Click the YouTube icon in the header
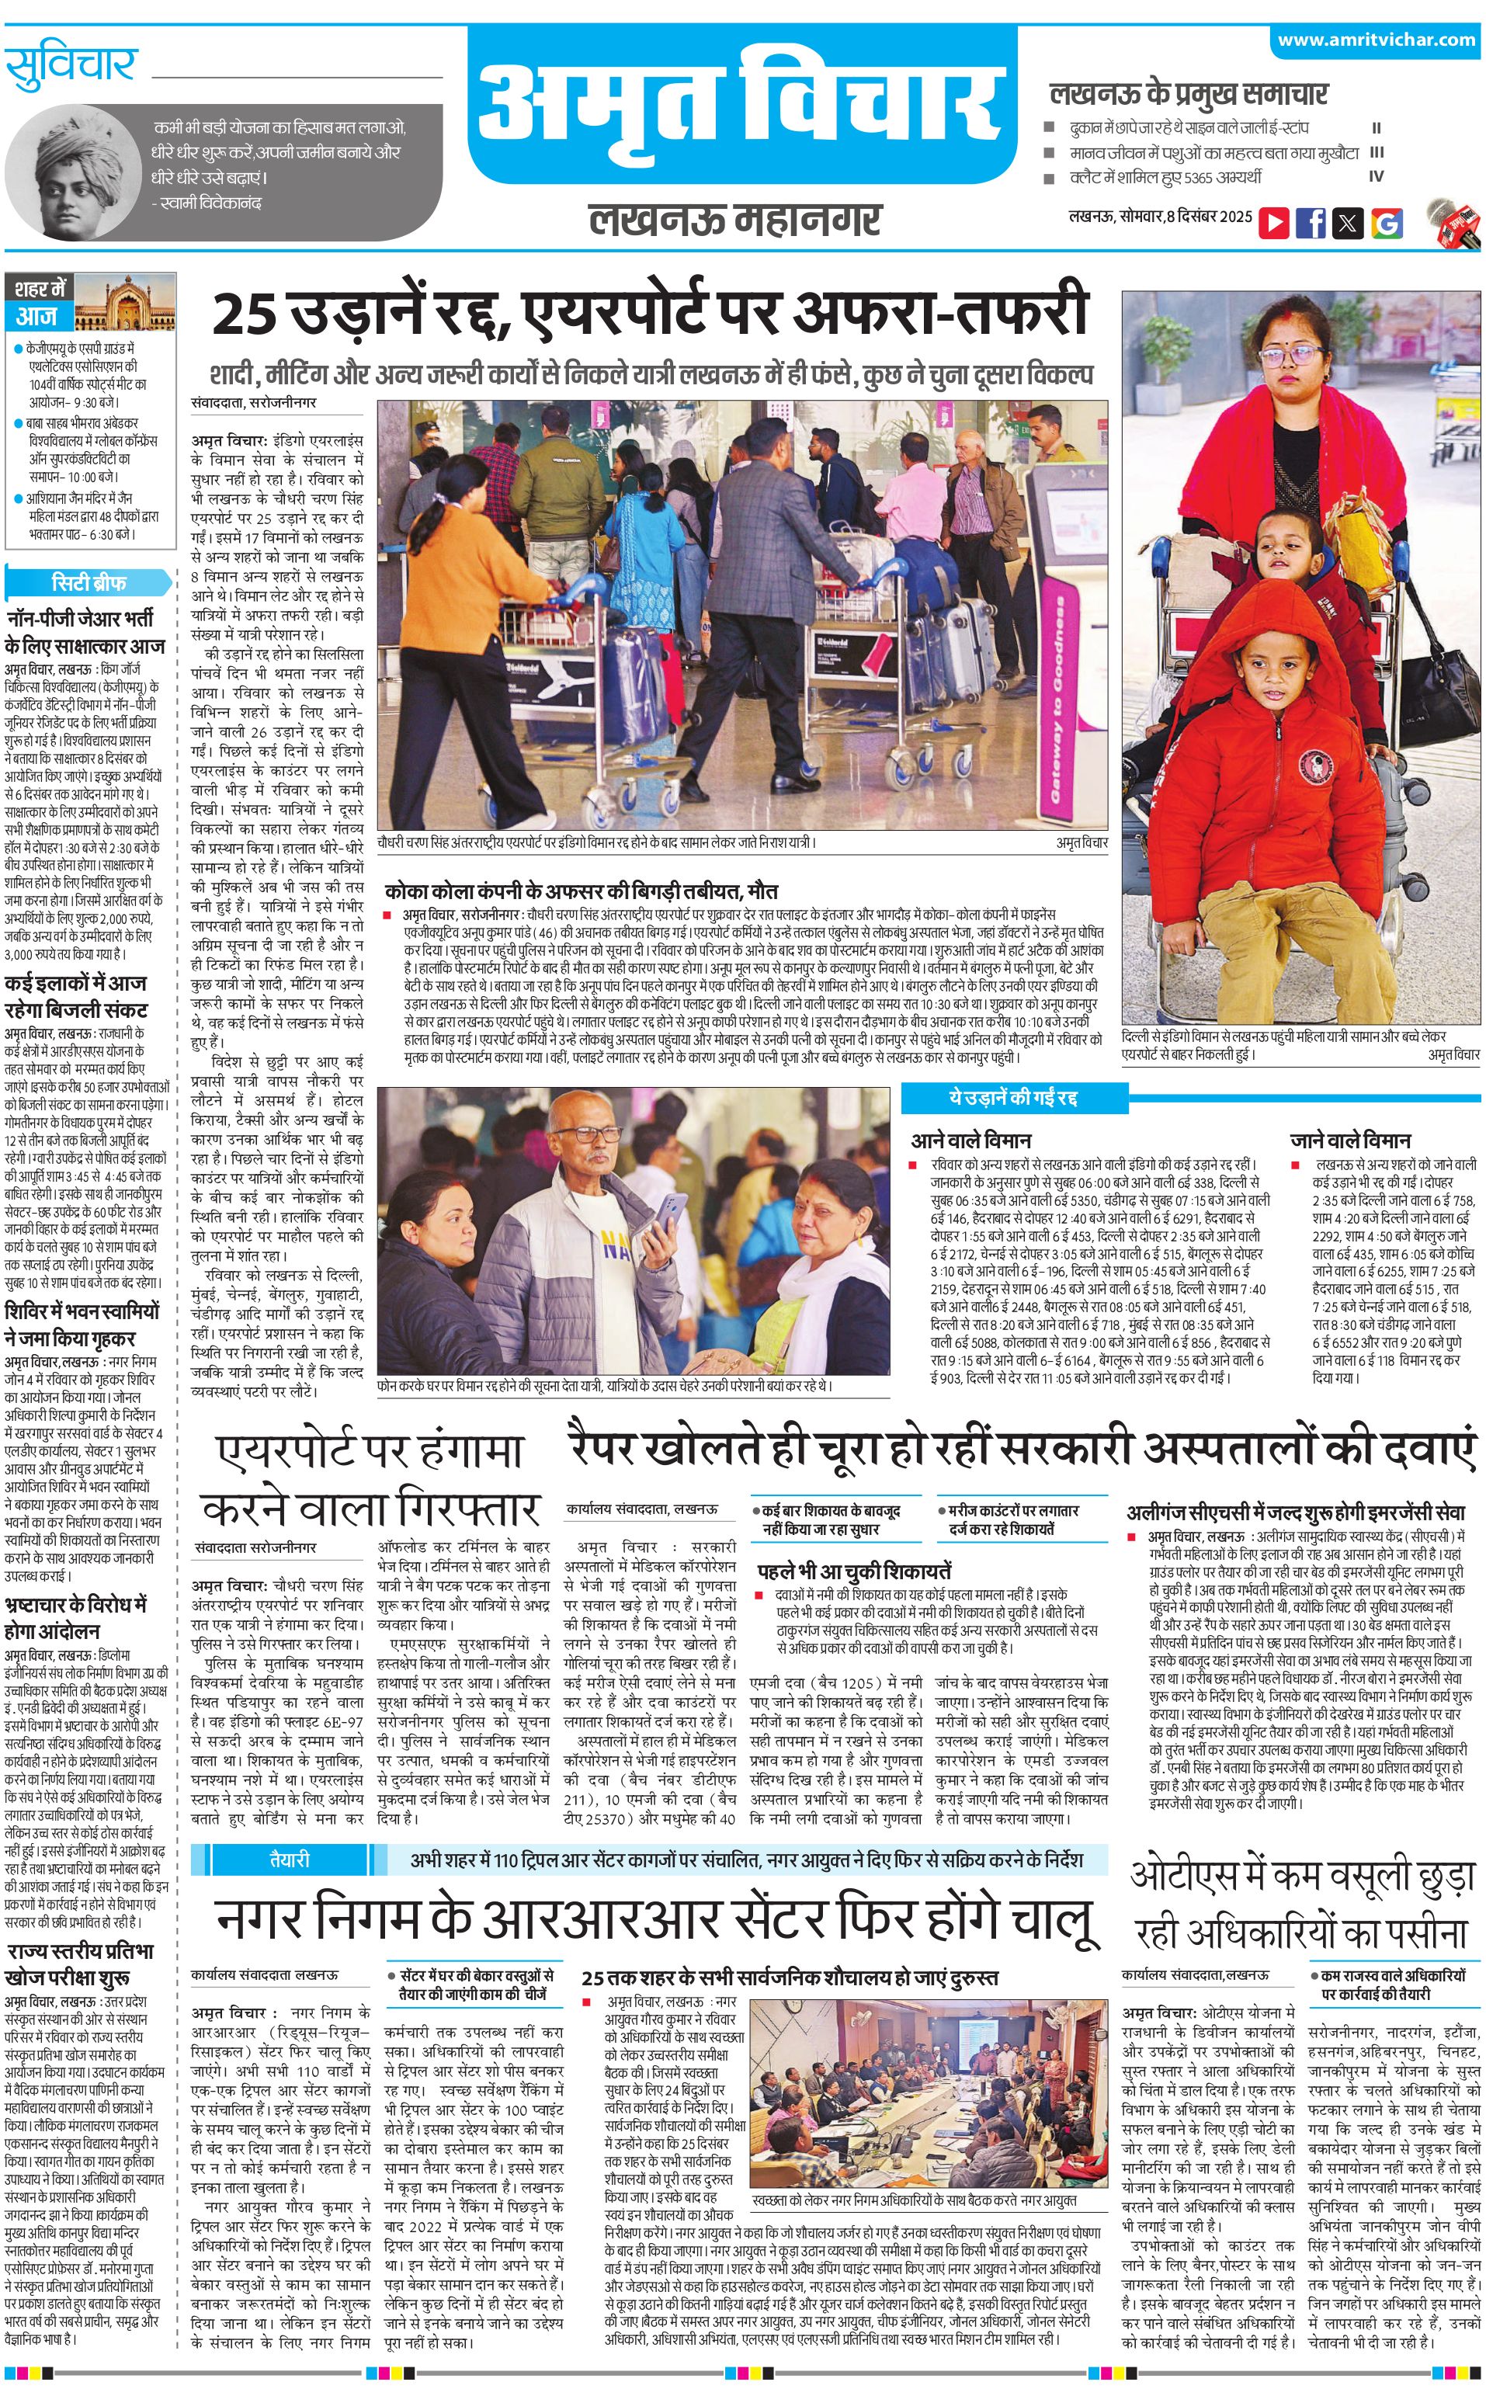(1274, 222)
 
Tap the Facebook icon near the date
(1310, 222)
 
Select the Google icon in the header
(1387, 222)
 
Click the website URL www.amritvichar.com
(1376, 40)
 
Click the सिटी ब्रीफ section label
(89, 582)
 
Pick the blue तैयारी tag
(289, 1860)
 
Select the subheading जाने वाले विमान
(1350, 1140)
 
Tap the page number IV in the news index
(1376, 177)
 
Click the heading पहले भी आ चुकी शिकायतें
(853, 1571)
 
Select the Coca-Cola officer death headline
(581, 891)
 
